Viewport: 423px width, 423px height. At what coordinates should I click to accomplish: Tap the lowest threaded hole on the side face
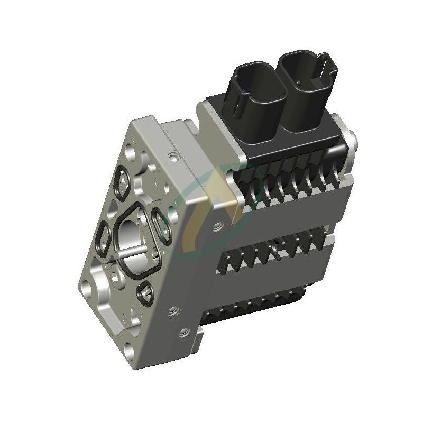pyautogui.click(x=183, y=332)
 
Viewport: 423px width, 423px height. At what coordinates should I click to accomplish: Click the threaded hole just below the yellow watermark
pyautogui.click(x=216, y=228)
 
